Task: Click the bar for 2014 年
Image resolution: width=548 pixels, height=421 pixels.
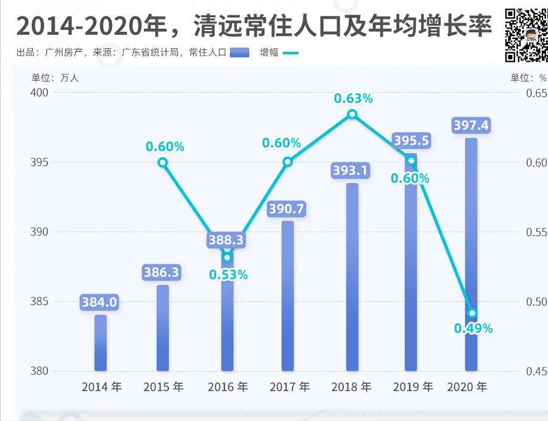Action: (101, 343)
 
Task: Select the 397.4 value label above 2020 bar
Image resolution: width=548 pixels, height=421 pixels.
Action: (471, 126)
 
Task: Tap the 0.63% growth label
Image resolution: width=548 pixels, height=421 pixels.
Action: (353, 98)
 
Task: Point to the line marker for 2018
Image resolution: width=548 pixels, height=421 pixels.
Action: (352, 114)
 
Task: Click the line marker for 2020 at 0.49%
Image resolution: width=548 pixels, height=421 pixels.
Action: (472, 313)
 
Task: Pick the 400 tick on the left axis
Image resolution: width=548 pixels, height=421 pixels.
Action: (39, 93)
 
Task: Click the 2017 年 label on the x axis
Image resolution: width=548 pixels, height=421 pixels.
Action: (289, 387)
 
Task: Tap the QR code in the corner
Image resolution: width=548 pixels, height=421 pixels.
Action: (526, 35)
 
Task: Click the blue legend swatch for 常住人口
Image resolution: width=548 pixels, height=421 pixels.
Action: (240, 52)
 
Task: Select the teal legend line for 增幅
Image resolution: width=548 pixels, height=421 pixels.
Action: (291, 52)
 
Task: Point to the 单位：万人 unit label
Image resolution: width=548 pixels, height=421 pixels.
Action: (55, 77)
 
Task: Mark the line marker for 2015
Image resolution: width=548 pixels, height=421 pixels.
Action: (163, 162)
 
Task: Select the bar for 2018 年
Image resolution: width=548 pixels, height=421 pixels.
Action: (352, 278)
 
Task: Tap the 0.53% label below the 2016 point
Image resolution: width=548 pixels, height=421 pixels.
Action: (228, 275)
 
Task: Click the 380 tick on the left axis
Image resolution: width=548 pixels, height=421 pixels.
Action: (39, 371)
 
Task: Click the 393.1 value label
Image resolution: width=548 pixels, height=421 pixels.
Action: (351, 171)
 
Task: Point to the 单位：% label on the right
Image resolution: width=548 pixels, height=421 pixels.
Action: (528, 77)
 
